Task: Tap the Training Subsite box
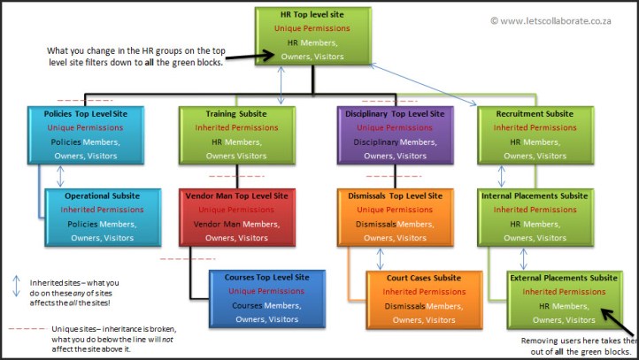(x=237, y=134)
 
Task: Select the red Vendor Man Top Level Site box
(x=235, y=216)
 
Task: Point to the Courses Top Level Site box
(x=266, y=297)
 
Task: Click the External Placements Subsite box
(x=563, y=298)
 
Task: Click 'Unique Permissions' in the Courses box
(x=266, y=291)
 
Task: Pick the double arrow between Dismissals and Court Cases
(x=380, y=257)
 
